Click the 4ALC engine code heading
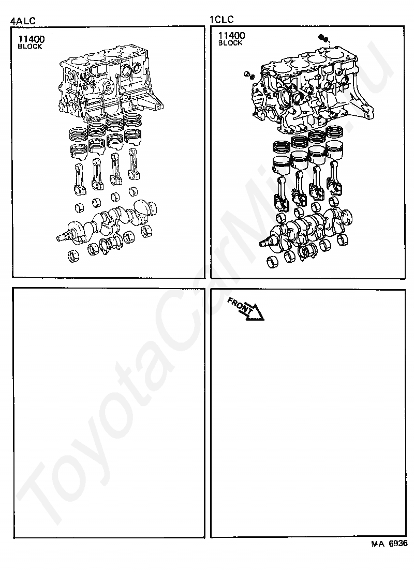click(x=23, y=21)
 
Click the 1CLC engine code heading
click(x=221, y=19)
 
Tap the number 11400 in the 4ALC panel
click(x=32, y=39)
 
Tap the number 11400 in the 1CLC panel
click(x=231, y=35)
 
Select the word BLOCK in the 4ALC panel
click(x=30, y=47)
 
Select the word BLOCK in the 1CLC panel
click(x=230, y=43)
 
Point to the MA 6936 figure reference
click(x=389, y=544)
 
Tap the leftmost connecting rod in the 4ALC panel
click(x=80, y=179)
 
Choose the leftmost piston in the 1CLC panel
click(x=280, y=165)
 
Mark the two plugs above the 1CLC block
click(x=323, y=38)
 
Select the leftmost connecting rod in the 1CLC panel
click(x=280, y=192)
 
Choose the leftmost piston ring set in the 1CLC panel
click(x=280, y=147)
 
